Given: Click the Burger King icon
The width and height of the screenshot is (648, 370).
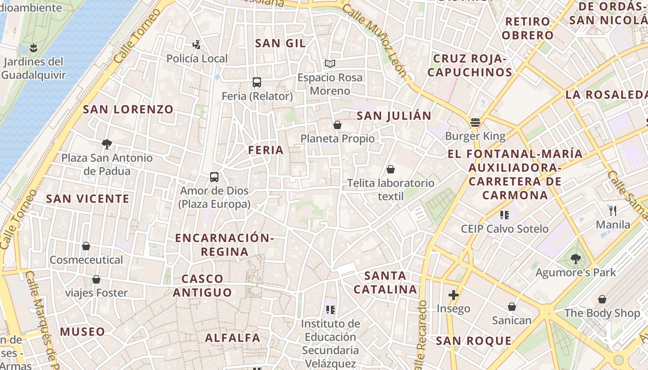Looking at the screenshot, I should [x=475, y=123].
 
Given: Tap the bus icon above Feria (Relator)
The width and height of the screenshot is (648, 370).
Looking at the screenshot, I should [x=257, y=82].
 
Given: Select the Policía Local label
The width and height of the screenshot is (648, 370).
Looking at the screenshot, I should [x=197, y=59].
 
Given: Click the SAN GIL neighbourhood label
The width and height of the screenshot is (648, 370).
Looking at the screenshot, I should [x=280, y=43].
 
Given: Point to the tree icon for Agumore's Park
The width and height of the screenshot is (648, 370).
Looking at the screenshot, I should [x=575, y=259].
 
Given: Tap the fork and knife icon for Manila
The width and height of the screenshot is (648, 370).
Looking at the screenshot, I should [x=613, y=211].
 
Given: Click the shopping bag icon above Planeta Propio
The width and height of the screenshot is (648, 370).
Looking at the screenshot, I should [x=337, y=125].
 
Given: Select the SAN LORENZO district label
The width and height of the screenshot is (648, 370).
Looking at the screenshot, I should [x=128, y=110].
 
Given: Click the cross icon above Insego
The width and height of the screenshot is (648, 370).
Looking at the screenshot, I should [x=453, y=295].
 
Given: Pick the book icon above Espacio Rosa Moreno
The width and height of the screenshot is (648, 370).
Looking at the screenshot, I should [x=330, y=64].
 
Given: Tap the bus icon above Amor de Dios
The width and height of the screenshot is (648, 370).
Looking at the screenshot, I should [x=214, y=177].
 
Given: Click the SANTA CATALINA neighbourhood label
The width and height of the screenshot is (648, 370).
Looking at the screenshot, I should [x=385, y=283].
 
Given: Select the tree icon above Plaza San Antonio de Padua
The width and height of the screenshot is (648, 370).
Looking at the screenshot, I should [x=107, y=144].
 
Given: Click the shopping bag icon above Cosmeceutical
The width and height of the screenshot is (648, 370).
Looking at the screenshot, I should [x=86, y=246].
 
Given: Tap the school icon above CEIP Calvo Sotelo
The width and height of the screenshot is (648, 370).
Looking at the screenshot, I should [x=505, y=215].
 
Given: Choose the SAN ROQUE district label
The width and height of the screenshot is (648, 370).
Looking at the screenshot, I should [x=474, y=341].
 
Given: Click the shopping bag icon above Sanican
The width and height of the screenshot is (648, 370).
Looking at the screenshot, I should [x=512, y=307].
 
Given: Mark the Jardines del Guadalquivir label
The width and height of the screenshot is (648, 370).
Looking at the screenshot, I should [x=33, y=68].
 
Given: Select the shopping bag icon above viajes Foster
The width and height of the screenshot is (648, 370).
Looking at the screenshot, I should [x=96, y=279].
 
